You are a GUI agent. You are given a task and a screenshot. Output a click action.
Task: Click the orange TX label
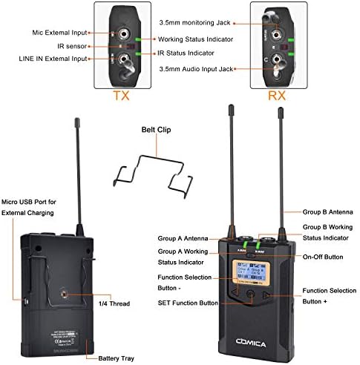(x=121, y=95)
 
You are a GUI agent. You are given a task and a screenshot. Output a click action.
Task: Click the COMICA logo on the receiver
(x=255, y=334)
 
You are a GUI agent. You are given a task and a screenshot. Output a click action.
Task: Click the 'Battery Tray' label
(x=121, y=358)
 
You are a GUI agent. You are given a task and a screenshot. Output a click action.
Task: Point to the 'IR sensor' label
(x=68, y=46)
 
